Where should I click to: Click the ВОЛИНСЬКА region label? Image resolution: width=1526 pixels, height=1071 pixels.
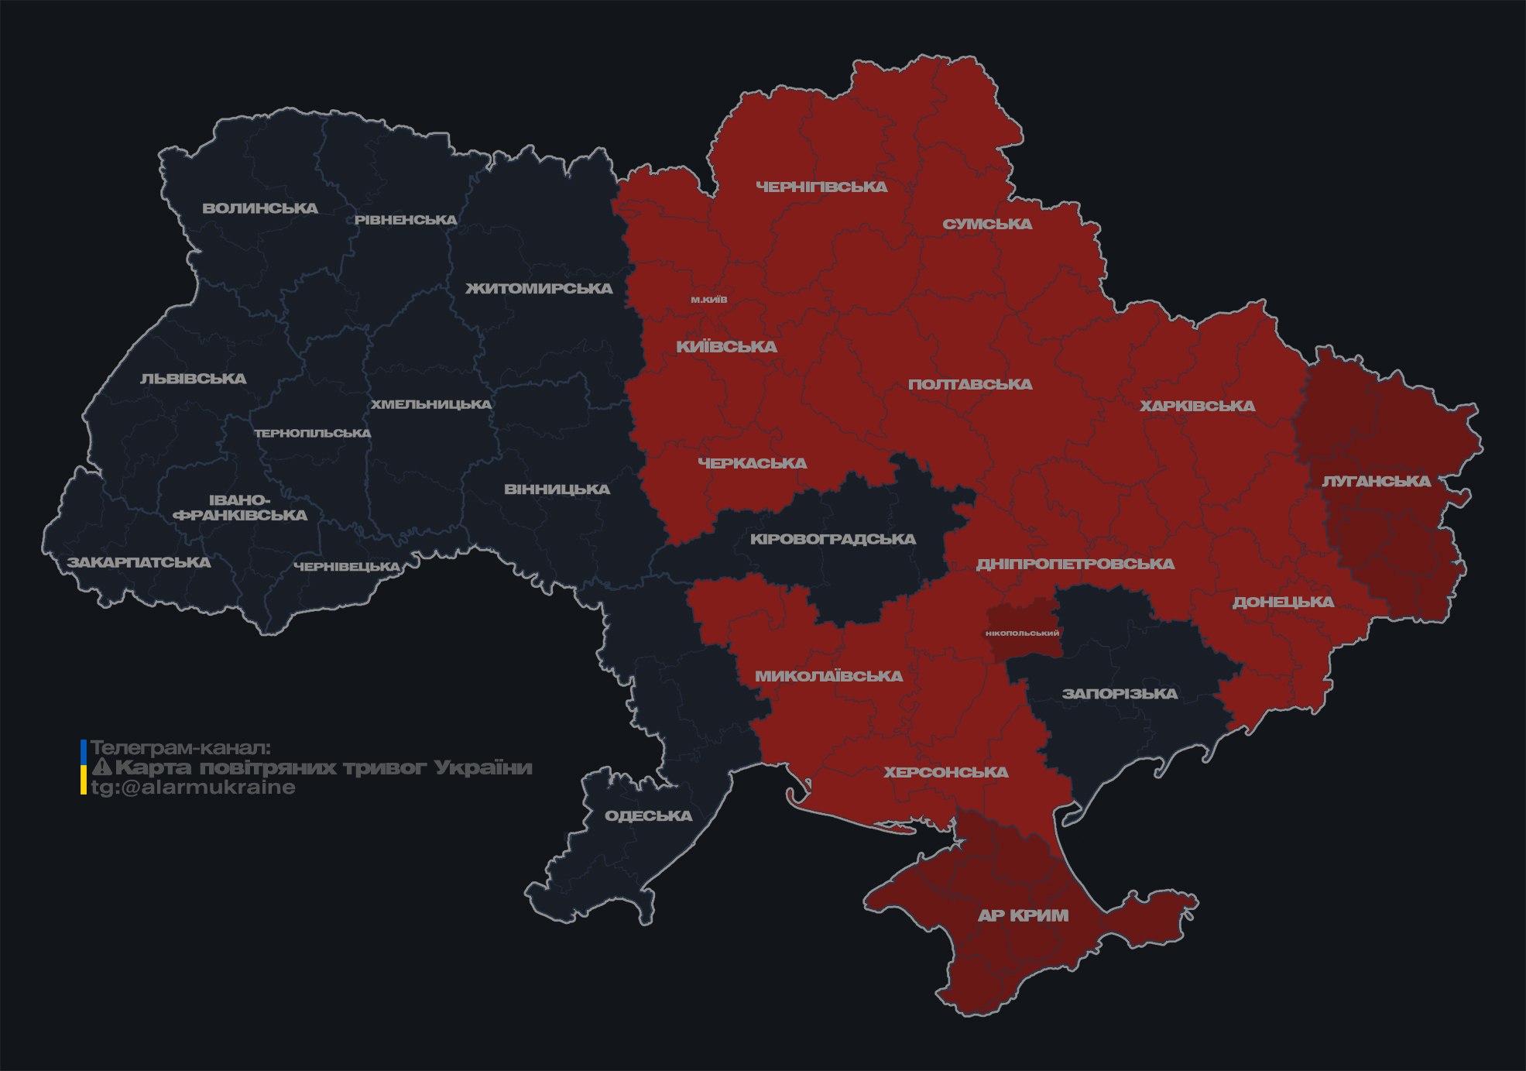pyautogui.click(x=259, y=208)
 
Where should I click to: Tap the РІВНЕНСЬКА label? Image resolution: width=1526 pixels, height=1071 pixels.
pyautogui.click(x=406, y=220)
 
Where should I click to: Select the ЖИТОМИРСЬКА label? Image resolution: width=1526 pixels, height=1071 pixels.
pyautogui.click(x=538, y=289)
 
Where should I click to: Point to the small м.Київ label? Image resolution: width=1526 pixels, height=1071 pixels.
pyautogui.click(x=708, y=300)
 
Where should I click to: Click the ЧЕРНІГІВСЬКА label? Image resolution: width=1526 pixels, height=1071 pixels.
pyautogui.click(x=821, y=187)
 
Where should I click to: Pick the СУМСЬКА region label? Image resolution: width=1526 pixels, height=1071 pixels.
pyautogui.click(x=987, y=225)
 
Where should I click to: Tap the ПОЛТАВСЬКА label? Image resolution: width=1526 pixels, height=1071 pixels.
pyautogui.click(x=969, y=384)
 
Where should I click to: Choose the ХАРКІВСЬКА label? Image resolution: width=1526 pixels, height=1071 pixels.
pyautogui.click(x=1197, y=406)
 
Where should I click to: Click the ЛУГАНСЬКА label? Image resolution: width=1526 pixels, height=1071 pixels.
pyautogui.click(x=1376, y=481)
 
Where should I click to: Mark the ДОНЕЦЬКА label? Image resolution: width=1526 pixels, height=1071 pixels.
pyautogui.click(x=1283, y=602)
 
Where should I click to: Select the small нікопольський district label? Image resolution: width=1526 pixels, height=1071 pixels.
pyautogui.click(x=1022, y=633)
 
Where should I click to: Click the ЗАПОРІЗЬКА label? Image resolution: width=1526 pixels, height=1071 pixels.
pyautogui.click(x=1119, y=694)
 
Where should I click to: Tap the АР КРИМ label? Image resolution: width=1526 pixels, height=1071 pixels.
pyautogui.click(x=1023, y=915)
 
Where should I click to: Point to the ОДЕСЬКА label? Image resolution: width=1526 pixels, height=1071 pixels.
pyautogui.click(x=648, y=815)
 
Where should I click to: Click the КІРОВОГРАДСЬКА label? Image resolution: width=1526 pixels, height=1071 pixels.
pyautogui.click(x=832, y=539)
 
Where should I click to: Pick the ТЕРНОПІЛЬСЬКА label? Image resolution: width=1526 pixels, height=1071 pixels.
pyautogui.click(x=313, y=434)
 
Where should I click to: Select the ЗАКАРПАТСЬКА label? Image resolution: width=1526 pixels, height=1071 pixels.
pyautogui.click(x=139, y=562)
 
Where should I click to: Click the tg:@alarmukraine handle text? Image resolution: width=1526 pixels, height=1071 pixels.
pyautogui.click(x=193, y=788)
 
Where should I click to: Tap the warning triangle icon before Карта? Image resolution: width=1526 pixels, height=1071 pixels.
pyautogui.click(x=101, y=767)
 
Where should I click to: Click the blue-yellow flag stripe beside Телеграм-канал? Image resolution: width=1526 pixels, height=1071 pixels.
pyautogui.click(x=84, y=767)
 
